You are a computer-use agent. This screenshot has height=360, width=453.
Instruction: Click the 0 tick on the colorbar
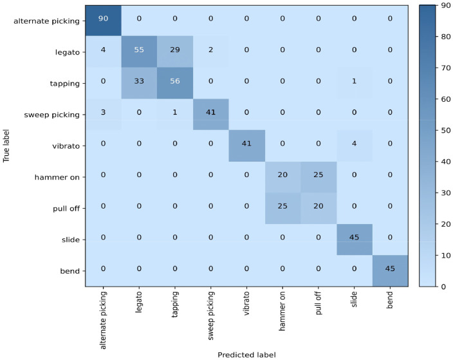441,287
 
